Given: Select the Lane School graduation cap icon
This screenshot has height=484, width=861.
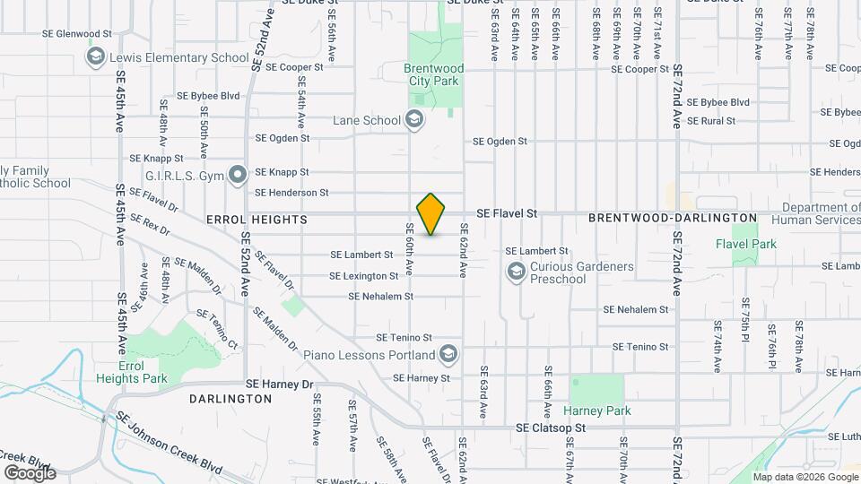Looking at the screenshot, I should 414,119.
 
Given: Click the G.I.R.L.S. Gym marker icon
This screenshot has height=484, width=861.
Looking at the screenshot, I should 238,174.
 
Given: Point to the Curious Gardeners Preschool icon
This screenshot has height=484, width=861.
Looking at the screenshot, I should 516,272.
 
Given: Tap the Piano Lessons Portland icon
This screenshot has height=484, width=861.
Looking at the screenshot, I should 448,354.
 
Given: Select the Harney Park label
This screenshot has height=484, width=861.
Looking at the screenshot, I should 597,411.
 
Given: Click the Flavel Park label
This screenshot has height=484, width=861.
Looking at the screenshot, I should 746,244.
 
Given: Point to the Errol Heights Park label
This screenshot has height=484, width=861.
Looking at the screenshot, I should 143,372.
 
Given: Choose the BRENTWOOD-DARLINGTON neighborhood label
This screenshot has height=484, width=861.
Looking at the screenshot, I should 673,218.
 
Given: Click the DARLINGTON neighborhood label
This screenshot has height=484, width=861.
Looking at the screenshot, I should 224,397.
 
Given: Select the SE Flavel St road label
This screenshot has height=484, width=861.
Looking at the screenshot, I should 507,213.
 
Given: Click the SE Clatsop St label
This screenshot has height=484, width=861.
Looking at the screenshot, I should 551,428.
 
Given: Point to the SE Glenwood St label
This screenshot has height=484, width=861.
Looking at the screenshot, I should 77,34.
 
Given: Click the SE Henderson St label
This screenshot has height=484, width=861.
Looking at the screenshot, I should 291,192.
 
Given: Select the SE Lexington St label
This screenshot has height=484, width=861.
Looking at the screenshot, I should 363,276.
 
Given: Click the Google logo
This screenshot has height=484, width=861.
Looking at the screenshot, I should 30,473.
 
